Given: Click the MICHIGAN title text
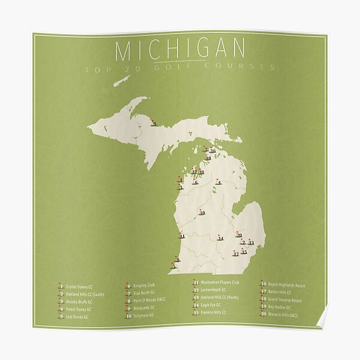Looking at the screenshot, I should point(180,50).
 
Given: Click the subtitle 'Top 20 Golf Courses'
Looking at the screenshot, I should point(180,68).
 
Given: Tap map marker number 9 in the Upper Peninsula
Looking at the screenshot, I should point(154,123).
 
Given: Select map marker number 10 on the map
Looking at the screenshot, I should point(202,212).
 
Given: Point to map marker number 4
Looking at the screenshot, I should point(218,182).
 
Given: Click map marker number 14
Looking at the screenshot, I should point(220,238).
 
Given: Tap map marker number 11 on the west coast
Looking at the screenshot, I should point(181,236).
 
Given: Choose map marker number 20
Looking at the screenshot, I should point(238,235).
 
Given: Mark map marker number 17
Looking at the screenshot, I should point(236,254).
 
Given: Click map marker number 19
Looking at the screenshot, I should point(208,157).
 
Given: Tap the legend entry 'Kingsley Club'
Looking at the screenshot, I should point(143,286).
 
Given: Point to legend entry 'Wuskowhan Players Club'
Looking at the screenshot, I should point(220,282).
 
